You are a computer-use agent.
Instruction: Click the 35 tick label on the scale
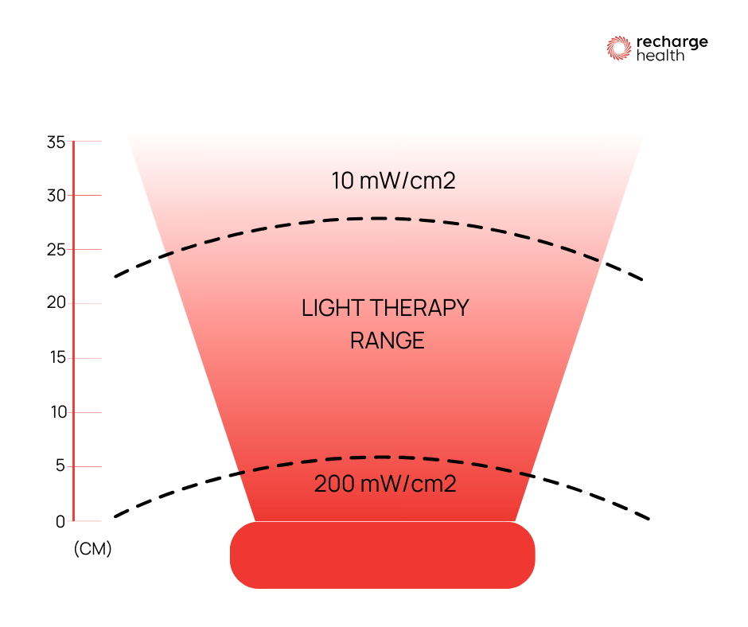(56, 143)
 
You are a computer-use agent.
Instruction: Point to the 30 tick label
(56, 196)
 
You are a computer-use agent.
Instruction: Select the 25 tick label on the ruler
(56, 250)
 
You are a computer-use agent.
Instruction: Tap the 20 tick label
(56, 304)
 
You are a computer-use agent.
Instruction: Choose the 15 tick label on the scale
(56, 358)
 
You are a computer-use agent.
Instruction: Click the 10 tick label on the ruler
(56, 412)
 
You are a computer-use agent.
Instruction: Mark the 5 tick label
(60, 466)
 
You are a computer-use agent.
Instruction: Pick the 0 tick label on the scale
(60, 522)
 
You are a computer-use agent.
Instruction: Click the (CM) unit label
(92, 549)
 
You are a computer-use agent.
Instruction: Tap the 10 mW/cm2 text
(393, 181)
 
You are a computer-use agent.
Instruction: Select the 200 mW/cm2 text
(385, 484)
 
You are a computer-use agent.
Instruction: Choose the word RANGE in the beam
(388, 341)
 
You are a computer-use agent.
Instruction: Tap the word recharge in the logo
(672, 42)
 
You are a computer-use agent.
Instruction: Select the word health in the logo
(660, 56)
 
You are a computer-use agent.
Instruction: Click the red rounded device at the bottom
(382, 555)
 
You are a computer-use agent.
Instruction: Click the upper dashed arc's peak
(382, 218)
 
